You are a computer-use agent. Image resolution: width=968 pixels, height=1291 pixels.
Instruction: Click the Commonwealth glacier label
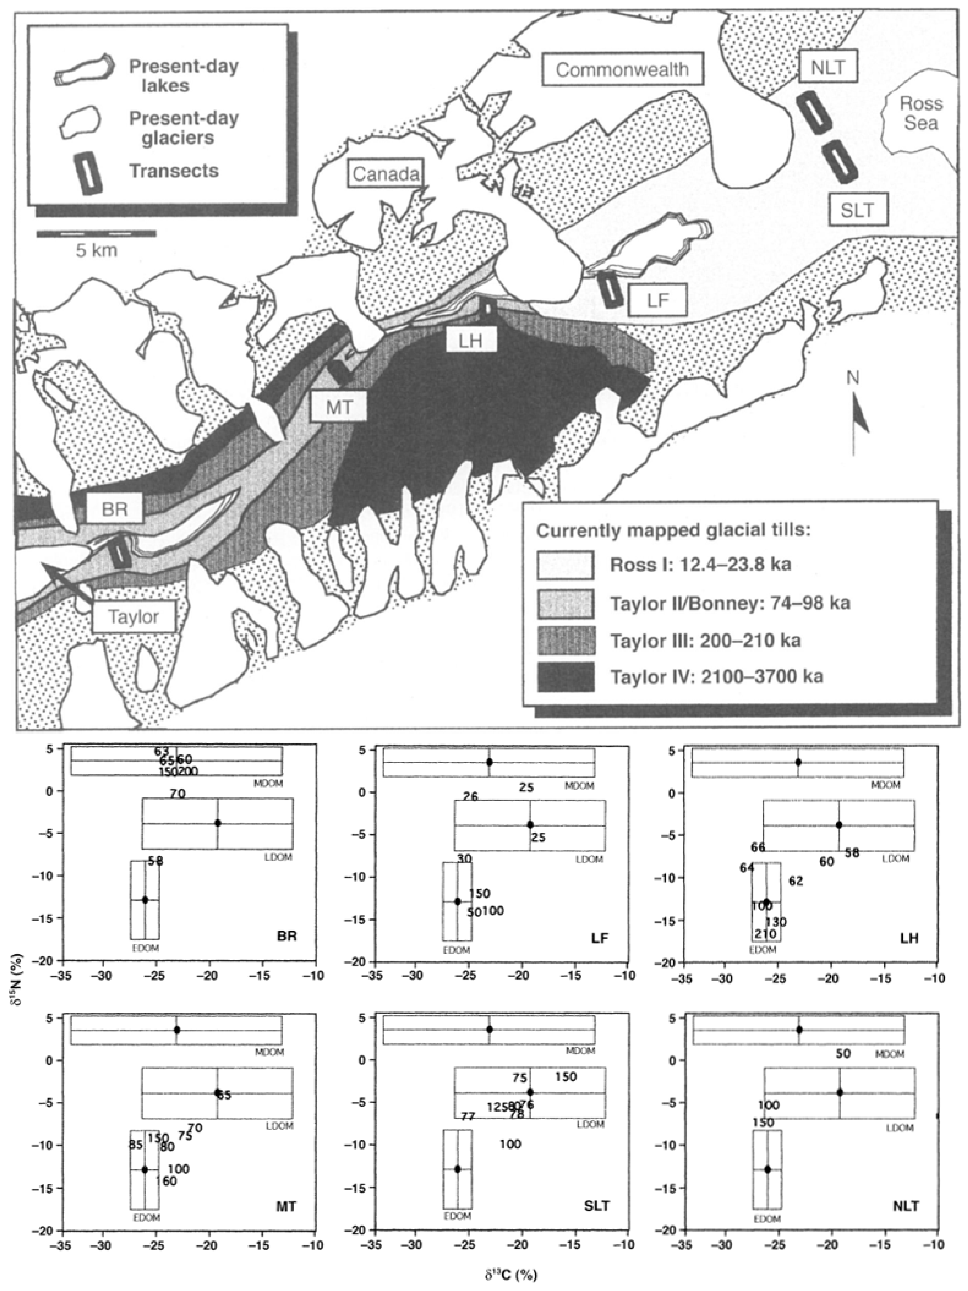(x=622, y=69)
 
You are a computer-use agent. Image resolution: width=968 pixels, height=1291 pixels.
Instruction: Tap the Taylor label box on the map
(x=134, y=617)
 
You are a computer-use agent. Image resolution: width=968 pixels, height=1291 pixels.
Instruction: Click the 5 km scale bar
(x=96, y=234)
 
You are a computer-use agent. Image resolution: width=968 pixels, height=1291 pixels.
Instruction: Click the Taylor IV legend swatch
(x=565, y=676)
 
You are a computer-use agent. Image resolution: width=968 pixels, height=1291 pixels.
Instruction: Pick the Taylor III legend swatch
(x=565, y=640)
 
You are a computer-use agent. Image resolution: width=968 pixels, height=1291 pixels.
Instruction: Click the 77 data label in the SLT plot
(x=468, y=1117)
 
